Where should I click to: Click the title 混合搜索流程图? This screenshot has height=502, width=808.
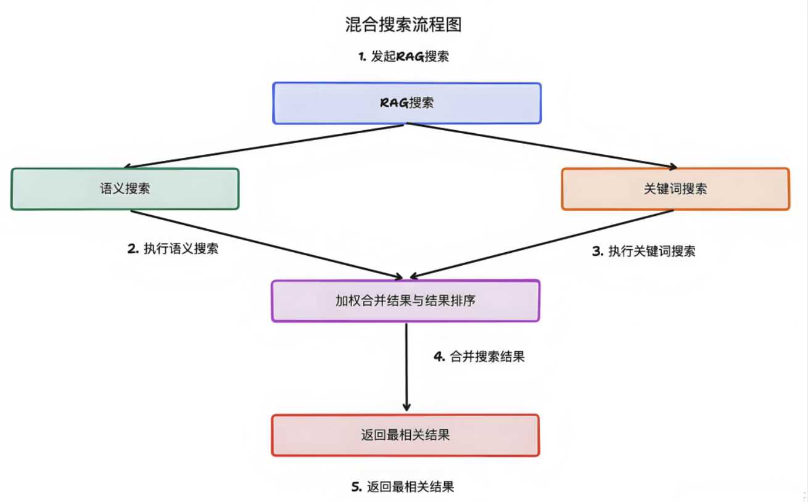(x=403, y=25)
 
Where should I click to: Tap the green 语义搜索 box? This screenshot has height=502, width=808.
(x=125, y=189)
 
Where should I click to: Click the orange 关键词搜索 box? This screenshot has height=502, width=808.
(x=675, y=189)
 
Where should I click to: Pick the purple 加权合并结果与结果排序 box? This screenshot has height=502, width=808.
(x=405, y=301)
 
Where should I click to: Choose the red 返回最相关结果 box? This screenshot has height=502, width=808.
(x=405, y=435)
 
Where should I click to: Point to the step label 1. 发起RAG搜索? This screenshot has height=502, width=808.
(x=403, y=57)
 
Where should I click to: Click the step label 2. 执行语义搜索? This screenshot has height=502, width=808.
(x=173, y=249)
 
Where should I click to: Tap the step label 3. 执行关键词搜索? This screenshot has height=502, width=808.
(x=643, y=251)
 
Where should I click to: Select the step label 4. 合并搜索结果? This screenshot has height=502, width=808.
(x=479, y=356)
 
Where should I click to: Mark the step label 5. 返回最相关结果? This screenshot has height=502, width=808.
(x=403, y=487)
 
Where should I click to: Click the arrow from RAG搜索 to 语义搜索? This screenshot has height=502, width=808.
(x=265, y=146)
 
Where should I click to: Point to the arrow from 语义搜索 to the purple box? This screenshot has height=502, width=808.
(x=265, y=244)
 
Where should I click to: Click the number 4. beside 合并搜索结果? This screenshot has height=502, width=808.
(x=440, y=356)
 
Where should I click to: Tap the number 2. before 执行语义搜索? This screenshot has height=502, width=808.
(x=133, y=249)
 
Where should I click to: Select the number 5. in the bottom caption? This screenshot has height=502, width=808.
(x=357, y=487)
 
